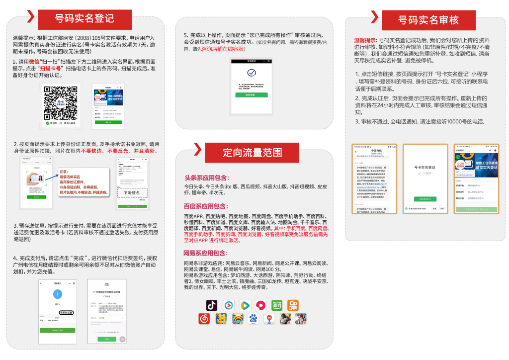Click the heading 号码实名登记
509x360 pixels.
point(85,19)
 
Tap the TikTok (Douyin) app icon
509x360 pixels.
point(212,305)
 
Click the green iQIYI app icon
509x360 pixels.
point(277,305)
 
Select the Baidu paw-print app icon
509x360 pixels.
point(253,319)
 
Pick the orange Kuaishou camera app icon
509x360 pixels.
point(293,305)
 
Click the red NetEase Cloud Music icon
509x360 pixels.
point(204,319)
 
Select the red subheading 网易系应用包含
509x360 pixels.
point(206,253)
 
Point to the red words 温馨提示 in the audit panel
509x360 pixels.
point(365,39)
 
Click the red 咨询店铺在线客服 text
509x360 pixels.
point(223,49)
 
